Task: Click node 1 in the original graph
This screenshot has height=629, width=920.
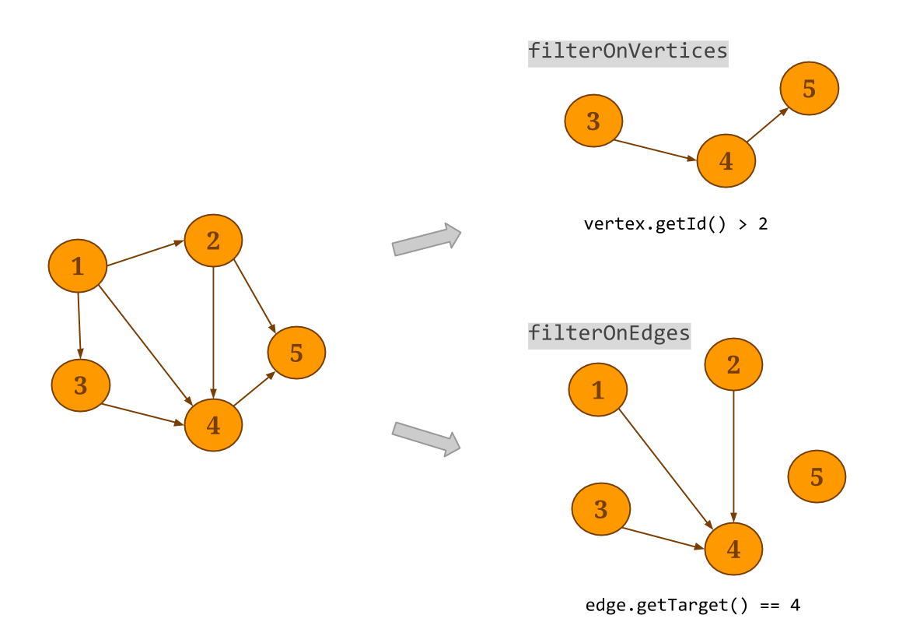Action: click(x=78, y=266)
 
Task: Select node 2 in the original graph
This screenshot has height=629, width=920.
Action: click(x=213, y=241)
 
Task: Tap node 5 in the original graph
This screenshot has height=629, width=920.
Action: click(x=296, y=353)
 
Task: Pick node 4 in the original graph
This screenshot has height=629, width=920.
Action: click(x=213, y=425)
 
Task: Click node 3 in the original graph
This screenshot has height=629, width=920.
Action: click(x=81, y=385)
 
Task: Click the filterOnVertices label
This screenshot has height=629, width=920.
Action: click(x=628, y=52)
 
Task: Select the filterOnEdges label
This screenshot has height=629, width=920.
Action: click(x=609, y=334)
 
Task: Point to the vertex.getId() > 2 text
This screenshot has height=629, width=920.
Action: click(x=676, y=224)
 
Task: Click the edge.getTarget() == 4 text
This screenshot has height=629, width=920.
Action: click(x=693, y=605)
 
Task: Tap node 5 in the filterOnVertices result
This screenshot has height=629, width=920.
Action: click(x=810, y=89)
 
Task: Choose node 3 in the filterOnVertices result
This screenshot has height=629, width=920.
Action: click(x=593, y=121)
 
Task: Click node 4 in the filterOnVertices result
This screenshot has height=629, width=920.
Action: click(x=726, y=160)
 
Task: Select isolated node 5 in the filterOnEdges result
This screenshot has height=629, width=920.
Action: click(x=817, y=476)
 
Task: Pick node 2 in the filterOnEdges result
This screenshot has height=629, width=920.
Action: click(x=733, y=364)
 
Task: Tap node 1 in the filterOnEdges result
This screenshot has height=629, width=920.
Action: click(x=597, y=389)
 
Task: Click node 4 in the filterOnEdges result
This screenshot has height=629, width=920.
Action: click(x=733, y=549)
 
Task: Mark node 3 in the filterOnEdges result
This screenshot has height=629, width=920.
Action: click(x=600, y=509)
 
